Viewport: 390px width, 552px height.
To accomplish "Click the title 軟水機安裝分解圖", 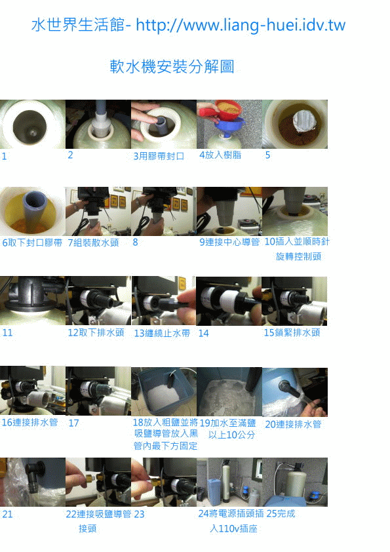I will tap(172, 67).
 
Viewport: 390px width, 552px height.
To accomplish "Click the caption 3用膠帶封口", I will tap(159, 157).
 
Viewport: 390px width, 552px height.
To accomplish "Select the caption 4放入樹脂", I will tap(220, 155).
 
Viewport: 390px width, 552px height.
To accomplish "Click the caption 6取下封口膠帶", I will tap(32, 243).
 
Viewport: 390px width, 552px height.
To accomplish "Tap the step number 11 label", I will tap(7, 333).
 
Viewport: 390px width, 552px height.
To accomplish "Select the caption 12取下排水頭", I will tap(96, 333).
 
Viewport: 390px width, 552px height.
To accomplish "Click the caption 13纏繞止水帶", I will tap(162, 333).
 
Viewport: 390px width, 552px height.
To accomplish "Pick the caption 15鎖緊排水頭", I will tap(292, 333).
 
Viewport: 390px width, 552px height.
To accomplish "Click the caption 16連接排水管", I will tap(29, 423).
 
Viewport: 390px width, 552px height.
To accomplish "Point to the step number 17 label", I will tap(73, 424).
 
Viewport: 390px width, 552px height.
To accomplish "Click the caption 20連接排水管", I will tap(293, 424).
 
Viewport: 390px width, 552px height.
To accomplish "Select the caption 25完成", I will tap(281, 514).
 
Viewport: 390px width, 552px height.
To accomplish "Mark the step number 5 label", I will tap(267, 156).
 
